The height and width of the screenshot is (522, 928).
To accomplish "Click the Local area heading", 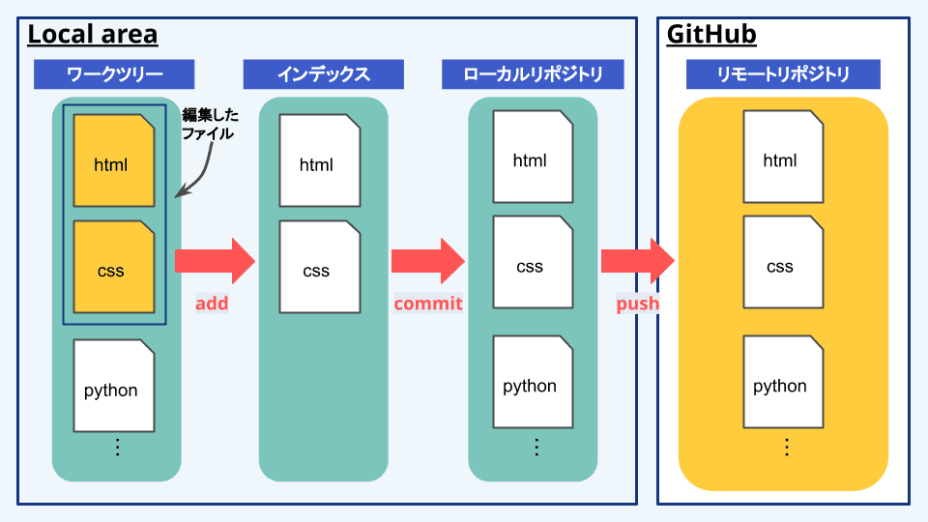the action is (93, 35).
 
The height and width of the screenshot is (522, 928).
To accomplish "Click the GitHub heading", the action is (711, 35).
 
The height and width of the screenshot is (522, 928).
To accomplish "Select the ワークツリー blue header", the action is (114, 74).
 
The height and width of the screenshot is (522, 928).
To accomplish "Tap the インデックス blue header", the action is (324, 74).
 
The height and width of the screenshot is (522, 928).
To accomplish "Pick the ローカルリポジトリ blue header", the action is (533, 74).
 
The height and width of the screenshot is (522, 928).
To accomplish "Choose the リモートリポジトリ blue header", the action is (783, 74).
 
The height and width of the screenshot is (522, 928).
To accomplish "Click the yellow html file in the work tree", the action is (114, 160).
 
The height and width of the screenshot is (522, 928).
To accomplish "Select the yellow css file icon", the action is (114, 267).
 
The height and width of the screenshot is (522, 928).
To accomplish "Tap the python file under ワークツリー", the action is (114, 386).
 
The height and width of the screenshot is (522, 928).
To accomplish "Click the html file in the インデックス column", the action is (320, 160).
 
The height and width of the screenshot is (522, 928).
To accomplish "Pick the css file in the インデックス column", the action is (320, 267).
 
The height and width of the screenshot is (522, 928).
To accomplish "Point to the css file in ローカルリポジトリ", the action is (533, 262).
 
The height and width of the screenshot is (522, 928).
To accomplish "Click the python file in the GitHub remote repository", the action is (783, 382).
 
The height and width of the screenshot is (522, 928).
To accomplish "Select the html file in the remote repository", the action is (783, 157).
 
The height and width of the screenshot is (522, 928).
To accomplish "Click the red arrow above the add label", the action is (215, 261).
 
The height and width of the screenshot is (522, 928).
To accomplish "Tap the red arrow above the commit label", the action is (428, 261).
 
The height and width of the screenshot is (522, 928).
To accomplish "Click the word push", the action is (637, 304).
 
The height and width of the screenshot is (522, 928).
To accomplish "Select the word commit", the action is (428, 304).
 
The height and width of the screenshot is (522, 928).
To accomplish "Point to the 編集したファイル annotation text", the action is (210, 125).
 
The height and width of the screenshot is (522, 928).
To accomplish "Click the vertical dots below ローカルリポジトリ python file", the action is (536, 447).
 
